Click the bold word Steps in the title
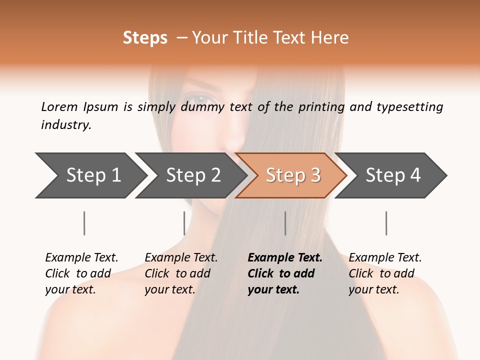(x=145, y=38)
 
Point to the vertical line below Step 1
(x=84, y=223)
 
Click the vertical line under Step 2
(x=184, y=223)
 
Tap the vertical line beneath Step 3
(x=285, y=223)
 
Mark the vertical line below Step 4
(x=386, y=223)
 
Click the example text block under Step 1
(x=81, y=273)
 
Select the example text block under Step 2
(x=181, y=273)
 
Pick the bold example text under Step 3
(x=285, y=273)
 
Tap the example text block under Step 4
(x=385, y=273)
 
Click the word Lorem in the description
(x=59, y=107)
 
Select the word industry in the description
(x=66, y=125)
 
